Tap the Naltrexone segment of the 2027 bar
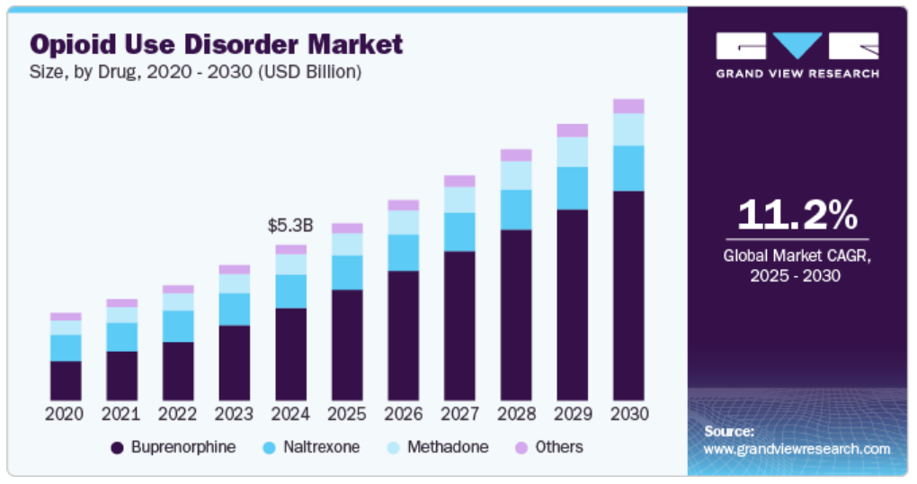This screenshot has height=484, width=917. tap(459, 231)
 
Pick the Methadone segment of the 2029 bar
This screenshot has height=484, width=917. tap(572, 152)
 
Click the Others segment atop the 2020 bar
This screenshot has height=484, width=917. tap(66, 317)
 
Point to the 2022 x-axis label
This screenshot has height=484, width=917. tap(177, 414)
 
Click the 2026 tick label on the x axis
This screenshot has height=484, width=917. tap(403, 414)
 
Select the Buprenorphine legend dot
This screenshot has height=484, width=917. tap(117, 448)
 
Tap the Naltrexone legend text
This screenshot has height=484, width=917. tap(321, 447)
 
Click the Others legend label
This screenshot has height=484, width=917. tap(558, 447)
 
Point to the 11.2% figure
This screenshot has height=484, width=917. tap(797, 215)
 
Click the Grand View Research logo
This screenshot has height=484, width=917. tap(797, 55)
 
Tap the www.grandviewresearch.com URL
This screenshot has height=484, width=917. tap(797, 449)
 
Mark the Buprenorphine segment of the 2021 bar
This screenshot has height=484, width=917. tap(121, 375)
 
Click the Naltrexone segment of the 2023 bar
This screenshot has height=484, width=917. tap(234, 309)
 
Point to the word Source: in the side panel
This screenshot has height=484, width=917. tap(728, 431)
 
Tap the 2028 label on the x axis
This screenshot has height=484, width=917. tap(516, 414)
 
